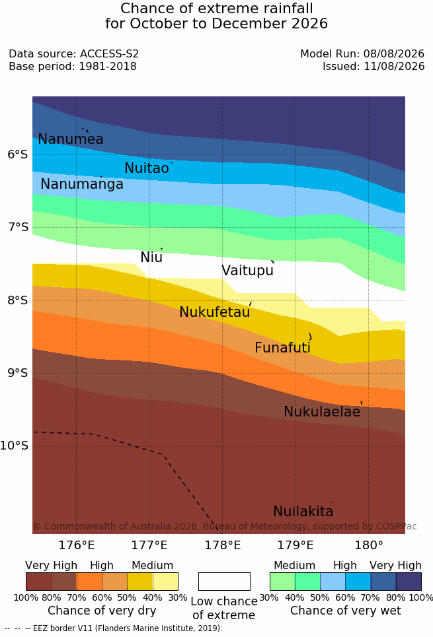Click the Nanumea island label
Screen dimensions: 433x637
71,139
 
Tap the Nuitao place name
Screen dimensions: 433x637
147,168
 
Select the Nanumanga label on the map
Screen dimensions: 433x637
82,184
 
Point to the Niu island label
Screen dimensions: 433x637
151,257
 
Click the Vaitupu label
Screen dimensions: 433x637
247,271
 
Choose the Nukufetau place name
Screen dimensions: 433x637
215,312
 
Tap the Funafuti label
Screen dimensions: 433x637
282,347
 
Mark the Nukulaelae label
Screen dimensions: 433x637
322,411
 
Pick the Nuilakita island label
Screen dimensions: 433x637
303,511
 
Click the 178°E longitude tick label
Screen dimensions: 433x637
223,545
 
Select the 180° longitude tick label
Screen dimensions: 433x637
369,545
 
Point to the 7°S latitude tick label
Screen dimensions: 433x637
19,227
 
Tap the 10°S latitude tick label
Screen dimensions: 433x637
15,446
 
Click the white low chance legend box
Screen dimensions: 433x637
224,582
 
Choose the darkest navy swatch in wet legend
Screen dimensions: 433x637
409,582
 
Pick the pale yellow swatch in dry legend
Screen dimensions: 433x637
165,582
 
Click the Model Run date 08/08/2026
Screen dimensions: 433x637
394,53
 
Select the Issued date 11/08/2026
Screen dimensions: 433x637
394,66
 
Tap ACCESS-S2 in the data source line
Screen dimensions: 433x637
110,53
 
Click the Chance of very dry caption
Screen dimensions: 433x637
102,611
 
